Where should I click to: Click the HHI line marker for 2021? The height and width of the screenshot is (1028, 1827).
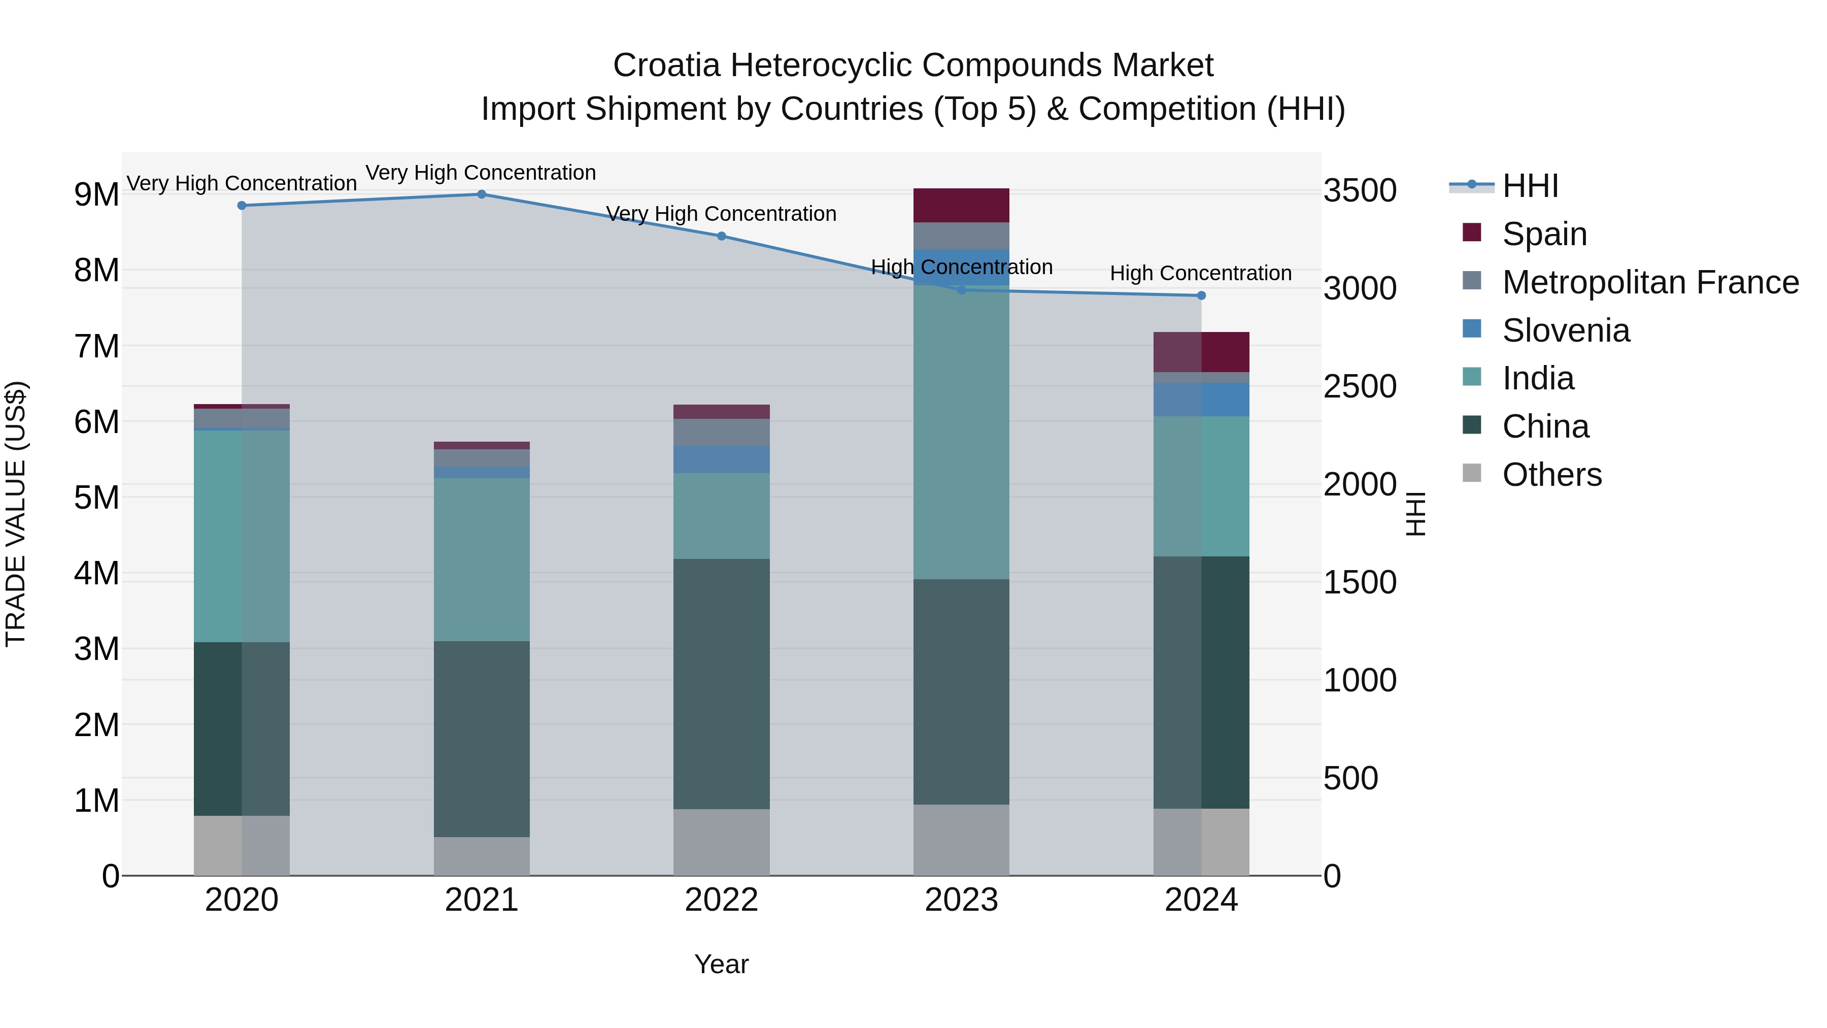(x=482, y=194)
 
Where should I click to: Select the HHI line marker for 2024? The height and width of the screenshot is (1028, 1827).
(x=1201, y=296)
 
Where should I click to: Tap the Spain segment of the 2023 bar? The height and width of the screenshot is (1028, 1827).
(x=961, y=206)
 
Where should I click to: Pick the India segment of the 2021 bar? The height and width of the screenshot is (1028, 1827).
(x=482, y=560)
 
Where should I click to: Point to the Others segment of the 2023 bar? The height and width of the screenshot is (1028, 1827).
(x=961, y=840)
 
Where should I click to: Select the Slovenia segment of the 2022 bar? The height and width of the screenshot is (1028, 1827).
(x=721, y=460)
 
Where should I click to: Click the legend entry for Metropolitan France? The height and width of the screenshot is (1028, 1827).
(x=1650, y=282)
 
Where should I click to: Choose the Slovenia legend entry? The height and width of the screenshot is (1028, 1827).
(x=1566, y=330)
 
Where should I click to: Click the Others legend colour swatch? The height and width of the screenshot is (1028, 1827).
(x=1472, y=473)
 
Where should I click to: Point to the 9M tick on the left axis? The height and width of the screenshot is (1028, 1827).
(x=96, y=194)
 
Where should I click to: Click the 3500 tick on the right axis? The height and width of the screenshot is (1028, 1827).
(x=1360, y=191)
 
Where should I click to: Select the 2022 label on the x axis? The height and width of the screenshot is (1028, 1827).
(x=721, y=900)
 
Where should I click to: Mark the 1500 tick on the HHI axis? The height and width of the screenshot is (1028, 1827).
(x=1360, y=582)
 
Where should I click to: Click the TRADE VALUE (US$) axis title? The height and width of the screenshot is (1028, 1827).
(x=16, y=514)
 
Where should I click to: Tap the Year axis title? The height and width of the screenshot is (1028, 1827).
(x=721, y=964)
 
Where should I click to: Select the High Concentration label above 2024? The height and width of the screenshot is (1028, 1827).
(x=1201, y=273)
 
